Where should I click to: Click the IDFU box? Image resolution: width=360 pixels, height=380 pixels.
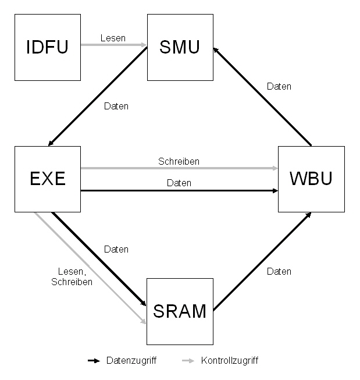pos(47,47)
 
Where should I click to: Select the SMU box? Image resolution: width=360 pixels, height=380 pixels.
pos(180,47)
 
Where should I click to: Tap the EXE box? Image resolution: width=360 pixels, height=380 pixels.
pos(47,179)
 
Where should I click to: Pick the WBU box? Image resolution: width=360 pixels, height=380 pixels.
pos(311,179)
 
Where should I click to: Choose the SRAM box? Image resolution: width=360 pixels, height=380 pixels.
pos(180,311)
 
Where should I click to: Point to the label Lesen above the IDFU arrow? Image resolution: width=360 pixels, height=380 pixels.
pos(113,38)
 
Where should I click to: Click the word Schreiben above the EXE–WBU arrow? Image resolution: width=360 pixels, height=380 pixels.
pos(179,161)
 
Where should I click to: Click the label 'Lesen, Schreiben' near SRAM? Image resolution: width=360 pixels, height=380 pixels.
pos(72,276)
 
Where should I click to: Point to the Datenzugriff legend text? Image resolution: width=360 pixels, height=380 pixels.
pos(131,361)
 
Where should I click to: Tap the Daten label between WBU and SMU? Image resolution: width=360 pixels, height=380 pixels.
pos(279,86)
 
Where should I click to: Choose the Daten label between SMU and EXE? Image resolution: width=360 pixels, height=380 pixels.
pos(116,106)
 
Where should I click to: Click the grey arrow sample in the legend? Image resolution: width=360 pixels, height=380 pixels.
pos(188,361)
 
